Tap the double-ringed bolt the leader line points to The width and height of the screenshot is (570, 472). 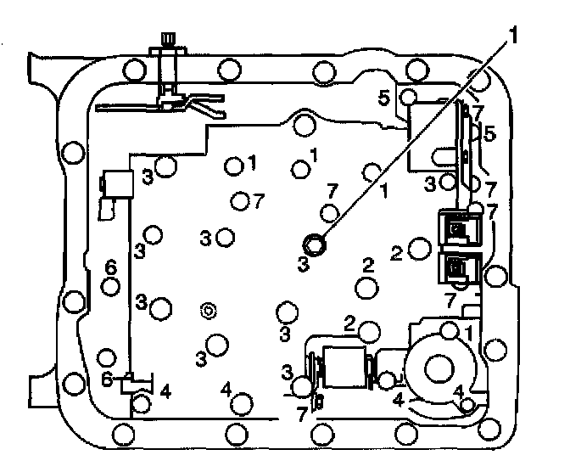tap(316, 244)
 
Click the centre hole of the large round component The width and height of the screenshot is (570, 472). tap(440, 368)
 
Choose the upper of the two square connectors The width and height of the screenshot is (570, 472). tap(457, 228)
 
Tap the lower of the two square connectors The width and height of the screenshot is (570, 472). tap(457, 269)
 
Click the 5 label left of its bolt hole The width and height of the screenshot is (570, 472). tap(384, 98)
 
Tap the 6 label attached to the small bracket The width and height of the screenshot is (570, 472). tap(108, 380)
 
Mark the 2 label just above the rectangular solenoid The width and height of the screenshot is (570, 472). tap(349, 321)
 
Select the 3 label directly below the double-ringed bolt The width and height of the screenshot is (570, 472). tap(303, 264)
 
